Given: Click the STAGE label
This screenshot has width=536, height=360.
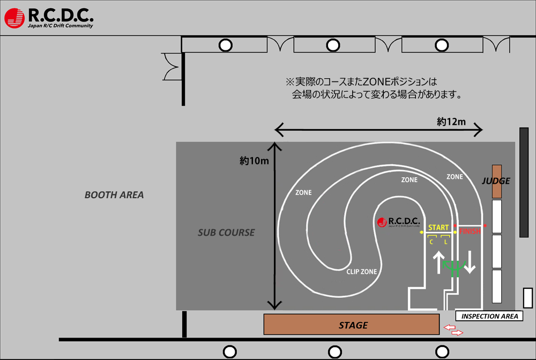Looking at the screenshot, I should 353,325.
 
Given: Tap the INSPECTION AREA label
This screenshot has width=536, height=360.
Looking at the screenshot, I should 489,316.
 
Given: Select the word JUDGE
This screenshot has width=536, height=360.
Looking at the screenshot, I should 496,181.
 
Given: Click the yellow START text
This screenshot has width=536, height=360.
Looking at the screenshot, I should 438,228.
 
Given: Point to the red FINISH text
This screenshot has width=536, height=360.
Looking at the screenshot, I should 470,232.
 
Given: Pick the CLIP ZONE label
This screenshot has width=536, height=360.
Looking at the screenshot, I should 361,272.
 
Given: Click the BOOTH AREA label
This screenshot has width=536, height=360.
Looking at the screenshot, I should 114,195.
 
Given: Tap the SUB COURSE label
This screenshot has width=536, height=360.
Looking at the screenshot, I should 226,232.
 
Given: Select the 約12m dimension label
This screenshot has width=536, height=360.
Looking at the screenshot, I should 451,122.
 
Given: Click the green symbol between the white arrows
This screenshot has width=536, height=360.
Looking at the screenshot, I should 453,266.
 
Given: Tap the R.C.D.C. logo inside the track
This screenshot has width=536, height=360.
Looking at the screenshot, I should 399,222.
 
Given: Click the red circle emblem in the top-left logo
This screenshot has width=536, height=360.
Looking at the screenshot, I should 15,18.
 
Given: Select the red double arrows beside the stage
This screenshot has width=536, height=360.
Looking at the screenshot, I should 453,330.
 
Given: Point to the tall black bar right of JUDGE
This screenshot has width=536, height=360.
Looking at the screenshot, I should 524,182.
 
